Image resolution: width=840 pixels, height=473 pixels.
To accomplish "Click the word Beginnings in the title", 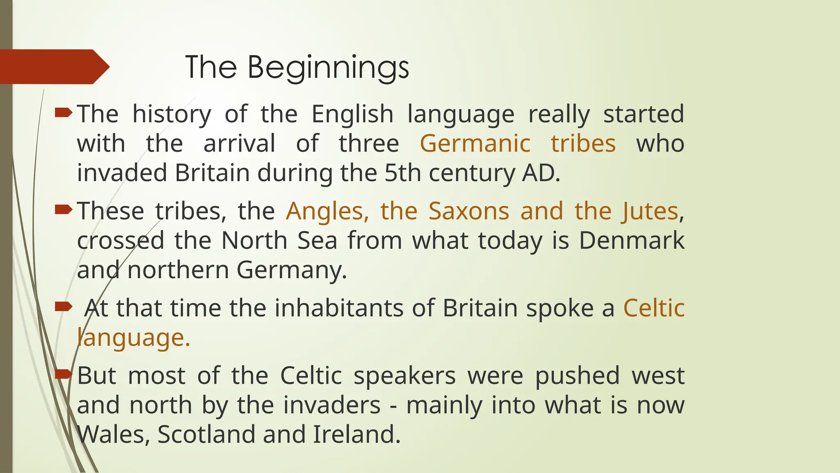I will click(328, 68).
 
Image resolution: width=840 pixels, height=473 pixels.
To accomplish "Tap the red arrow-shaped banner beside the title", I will click(53, 67).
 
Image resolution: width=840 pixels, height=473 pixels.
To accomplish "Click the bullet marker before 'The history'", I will click(64, 113).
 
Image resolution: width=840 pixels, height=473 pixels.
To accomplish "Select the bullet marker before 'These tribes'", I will click(64, 210).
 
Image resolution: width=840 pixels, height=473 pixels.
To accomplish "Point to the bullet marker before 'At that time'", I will click(64, 306).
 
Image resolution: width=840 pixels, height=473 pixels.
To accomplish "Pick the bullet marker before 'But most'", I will click(64, 374).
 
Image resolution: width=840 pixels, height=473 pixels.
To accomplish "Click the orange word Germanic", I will click(475, 144).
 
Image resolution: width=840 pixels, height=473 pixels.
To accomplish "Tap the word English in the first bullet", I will click(352, 114).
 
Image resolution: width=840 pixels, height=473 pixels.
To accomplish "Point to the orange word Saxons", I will click(469, 211).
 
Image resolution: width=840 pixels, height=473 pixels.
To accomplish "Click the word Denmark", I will click(632, 241).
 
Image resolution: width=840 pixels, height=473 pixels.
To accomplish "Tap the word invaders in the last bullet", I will click(332, 405).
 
